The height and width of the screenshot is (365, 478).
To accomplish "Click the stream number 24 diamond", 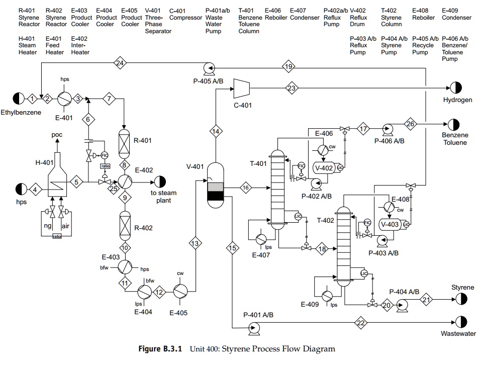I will pyautogui.click(x=120, y=63).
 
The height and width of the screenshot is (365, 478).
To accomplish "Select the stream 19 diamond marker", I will pyautogui.click(x=289, y=67).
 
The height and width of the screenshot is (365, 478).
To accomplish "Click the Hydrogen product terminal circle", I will pyautogui.click(x=455, y=87).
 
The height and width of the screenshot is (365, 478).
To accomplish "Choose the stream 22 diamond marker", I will pyautogui.click(x=360, y=322).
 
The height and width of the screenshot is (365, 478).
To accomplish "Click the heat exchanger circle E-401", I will pyautogui.click(x=65, y=99).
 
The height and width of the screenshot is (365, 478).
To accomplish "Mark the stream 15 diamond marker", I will pyautogui.click(x=232, y=248).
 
